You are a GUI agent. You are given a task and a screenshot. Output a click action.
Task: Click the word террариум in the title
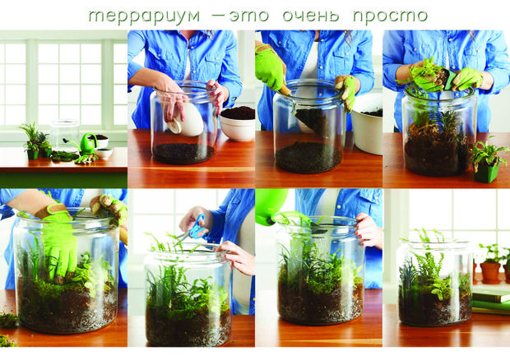click(144, 16)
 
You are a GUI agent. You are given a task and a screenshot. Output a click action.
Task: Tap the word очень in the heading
click(311, 16)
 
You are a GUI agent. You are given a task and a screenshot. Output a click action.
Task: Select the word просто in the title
click(390, 16)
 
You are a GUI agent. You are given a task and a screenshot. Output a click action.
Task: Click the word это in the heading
click(248, 16)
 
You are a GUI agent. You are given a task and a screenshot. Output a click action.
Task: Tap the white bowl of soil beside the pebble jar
click(238, 123)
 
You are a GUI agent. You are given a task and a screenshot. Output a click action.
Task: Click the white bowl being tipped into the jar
click(187, 119)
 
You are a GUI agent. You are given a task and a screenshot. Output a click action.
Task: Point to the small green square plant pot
click(486, 172)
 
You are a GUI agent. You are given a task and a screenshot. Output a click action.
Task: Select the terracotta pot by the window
click(490, 272)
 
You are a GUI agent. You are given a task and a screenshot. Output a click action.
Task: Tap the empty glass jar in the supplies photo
click(64, 135)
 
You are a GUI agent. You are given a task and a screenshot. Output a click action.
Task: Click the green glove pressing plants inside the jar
click(58, 242)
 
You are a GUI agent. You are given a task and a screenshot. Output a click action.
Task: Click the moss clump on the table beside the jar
click(8, 321)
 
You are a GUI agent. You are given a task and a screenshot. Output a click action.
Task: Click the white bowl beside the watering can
click(104, 153)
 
